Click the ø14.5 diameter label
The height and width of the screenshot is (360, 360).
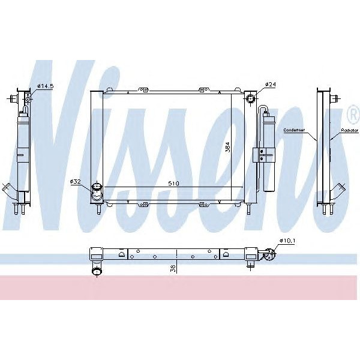click(x=46, y=86)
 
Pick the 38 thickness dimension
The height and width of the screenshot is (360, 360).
click(x=173, y=269)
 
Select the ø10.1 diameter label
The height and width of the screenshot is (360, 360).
click(x=287, y=241)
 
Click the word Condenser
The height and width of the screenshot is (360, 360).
click(x=295, y=130)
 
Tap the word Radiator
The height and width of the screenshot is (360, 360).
click(x=349, y=130)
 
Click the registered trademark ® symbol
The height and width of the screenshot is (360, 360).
click(x=352, y=113)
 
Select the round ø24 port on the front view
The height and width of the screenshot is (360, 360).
click(x=251, y=98)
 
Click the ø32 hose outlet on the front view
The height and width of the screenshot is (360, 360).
click(x=96, y=191)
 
